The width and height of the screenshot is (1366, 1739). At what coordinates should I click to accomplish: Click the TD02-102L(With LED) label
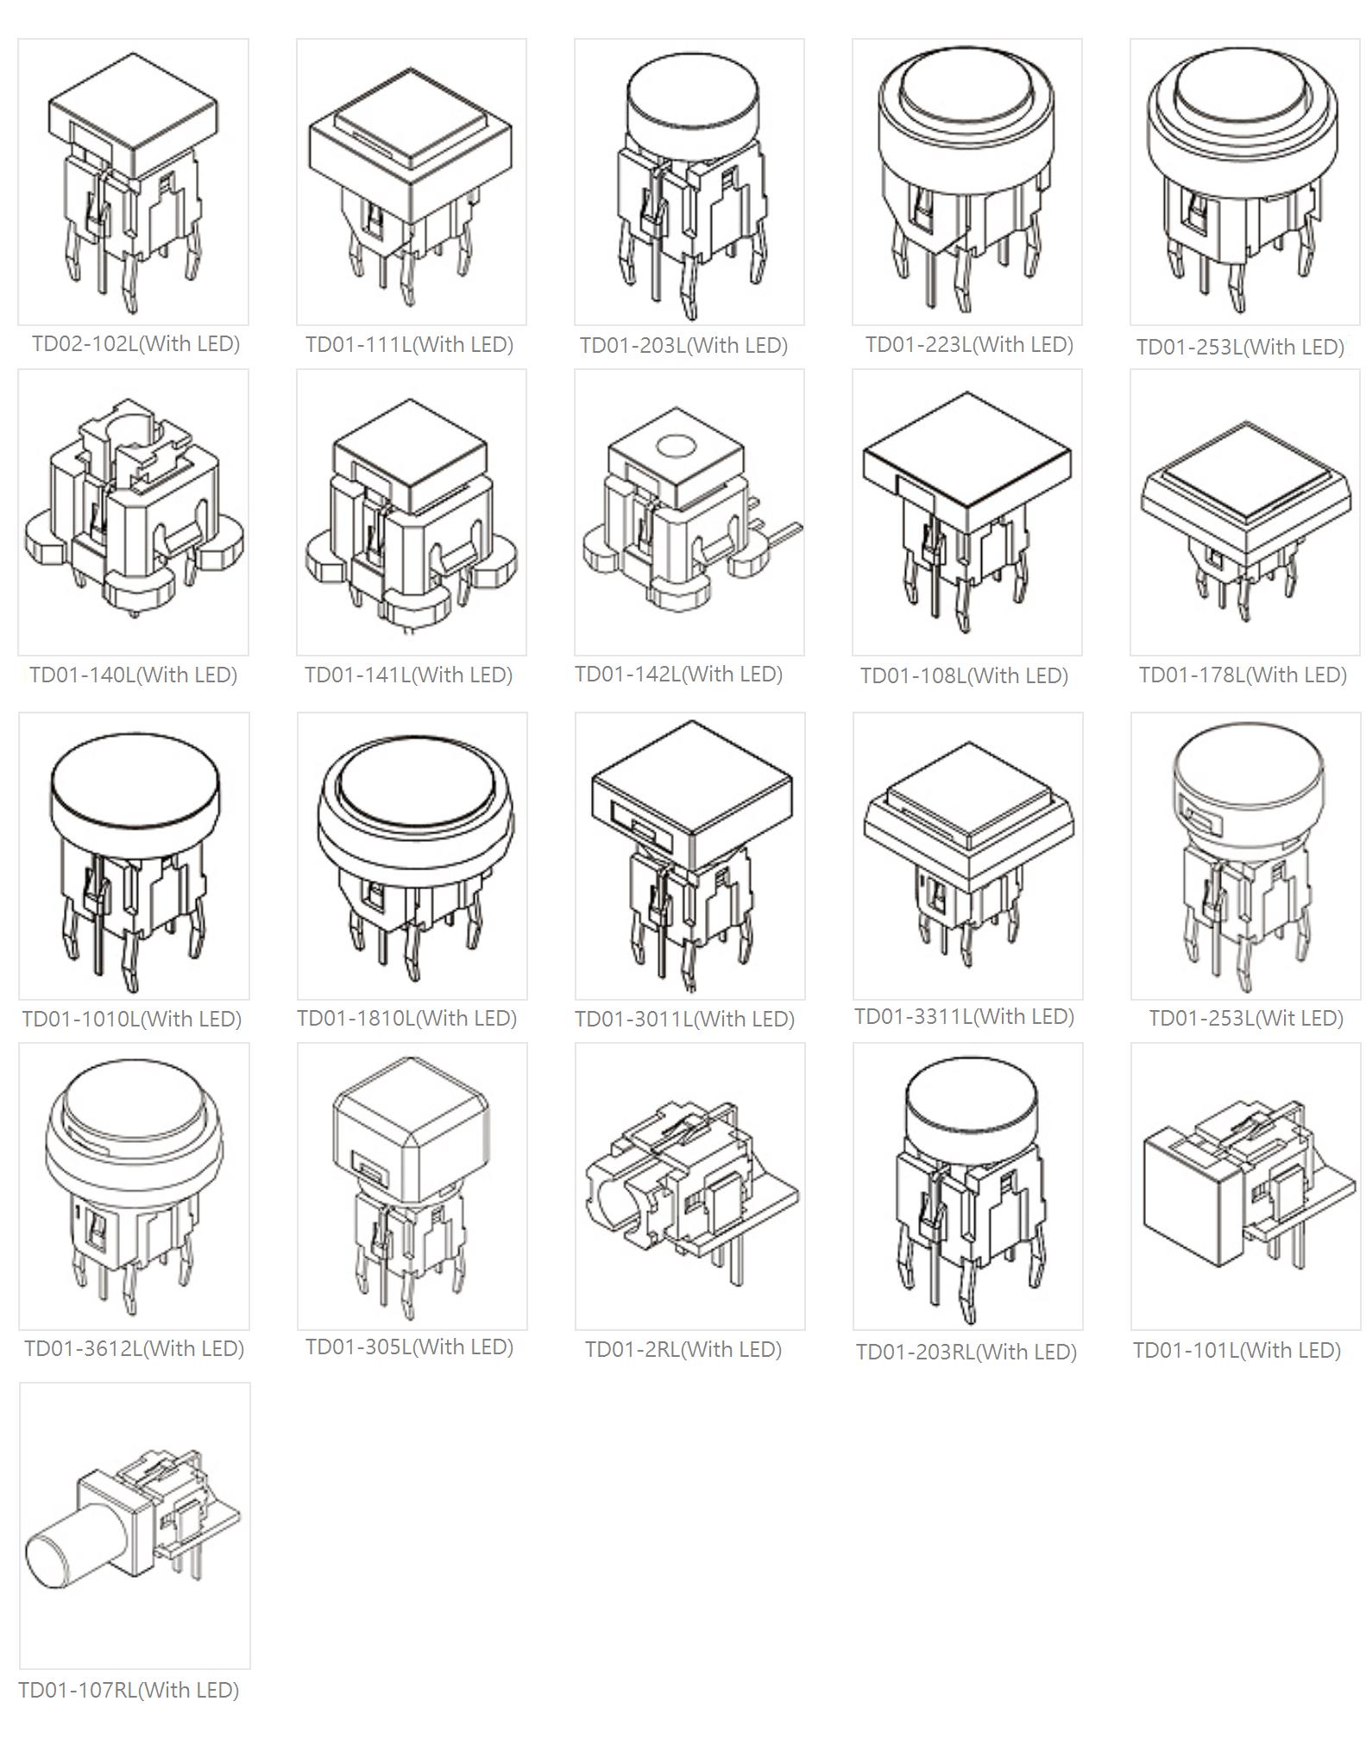tap(135, 343)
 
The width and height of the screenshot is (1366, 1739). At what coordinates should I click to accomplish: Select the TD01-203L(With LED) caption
tap(683, 345)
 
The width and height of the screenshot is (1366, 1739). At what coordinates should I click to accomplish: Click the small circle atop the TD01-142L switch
tap(676, 446)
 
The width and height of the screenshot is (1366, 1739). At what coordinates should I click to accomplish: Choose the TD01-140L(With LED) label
tap(133, 675)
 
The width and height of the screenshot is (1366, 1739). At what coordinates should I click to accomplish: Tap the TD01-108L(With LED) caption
tap(964, 675)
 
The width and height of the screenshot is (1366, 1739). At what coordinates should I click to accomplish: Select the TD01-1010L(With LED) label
tap(132, 1019)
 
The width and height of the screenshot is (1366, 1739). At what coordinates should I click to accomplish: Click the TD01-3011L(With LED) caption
tap(684, 1019)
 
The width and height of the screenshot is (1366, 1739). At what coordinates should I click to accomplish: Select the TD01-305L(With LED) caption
tap(409, 1347)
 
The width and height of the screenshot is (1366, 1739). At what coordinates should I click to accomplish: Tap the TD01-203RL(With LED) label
tap(966, 1352)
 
